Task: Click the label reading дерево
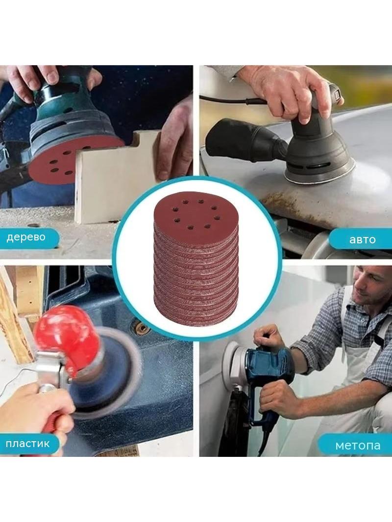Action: point(26,237)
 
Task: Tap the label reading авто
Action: point(363,239)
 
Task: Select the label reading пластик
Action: point(27,444)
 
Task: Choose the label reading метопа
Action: point(358,445)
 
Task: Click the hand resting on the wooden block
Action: point(175,140)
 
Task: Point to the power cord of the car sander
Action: point(233,99)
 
